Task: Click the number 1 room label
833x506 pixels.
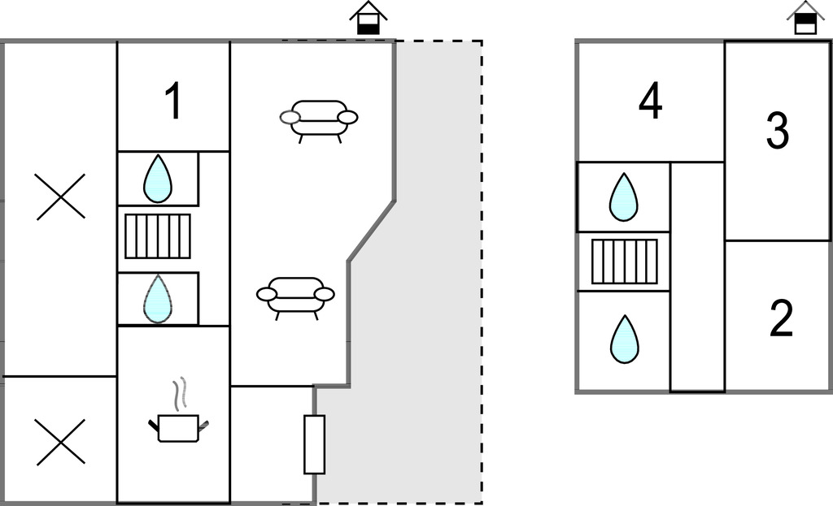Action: click(x=172, y=102)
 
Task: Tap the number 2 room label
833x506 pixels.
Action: click(x=781, y=319)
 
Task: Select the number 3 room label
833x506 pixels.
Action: click(x=778, y=131)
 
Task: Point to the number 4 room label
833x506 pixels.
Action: click(x=650, y=102)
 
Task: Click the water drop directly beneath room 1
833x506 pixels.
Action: click(x=158, y=179)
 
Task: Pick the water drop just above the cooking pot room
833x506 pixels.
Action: click(x=158, y=298)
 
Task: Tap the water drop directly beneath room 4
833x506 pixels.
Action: click(x=624, y=197)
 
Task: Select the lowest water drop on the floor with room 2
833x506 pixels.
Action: click(x=624, y=339)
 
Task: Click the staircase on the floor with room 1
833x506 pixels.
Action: click(x=158, y=236)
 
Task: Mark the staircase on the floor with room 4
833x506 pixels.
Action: click(x=624, y=262)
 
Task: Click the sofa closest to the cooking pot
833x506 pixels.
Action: click(x=296, y=296)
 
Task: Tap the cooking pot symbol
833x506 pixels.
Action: click(x=178, y=427)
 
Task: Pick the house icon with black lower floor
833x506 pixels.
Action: click(x=368, y=18)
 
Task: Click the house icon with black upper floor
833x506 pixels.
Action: click(x=805, y=18)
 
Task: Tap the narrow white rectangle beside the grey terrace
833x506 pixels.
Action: click(x=314, y=444)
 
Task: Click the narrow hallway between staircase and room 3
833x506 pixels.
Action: click(x=697, y=276)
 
